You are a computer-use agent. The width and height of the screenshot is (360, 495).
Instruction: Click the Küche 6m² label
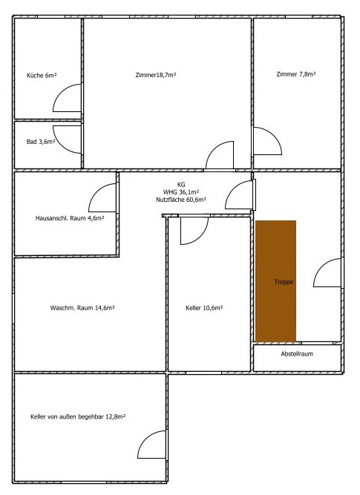(42, 76)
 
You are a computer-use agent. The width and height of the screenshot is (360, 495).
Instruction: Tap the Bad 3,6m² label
(41, 142)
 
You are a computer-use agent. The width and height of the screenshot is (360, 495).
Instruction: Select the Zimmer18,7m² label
(156, 75)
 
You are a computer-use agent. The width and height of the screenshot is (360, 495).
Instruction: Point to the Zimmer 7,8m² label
(296, 74)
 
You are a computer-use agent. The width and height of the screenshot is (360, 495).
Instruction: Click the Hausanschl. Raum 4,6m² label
(70, 218)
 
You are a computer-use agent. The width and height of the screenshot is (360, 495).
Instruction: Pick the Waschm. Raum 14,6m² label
(82, 308)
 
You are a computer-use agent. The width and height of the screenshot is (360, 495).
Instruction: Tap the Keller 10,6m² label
(204, 308)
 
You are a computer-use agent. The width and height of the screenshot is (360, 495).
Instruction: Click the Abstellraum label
(297, 354)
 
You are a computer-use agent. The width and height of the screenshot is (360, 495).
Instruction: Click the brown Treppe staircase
(275, 281)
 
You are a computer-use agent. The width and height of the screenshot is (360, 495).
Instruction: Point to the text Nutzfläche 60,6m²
(181, 200)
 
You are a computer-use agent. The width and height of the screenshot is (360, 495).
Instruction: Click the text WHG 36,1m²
(181, 192)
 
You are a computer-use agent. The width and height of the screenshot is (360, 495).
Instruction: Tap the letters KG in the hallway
(181, 185)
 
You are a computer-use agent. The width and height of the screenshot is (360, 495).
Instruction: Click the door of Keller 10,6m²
(201, 236)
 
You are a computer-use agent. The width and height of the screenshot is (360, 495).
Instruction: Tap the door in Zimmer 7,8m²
(275, 135)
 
